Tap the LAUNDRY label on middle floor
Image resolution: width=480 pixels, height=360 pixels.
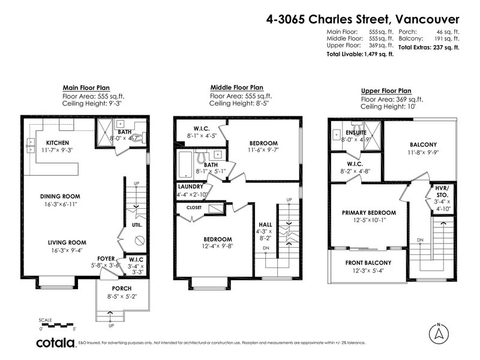[190, 187]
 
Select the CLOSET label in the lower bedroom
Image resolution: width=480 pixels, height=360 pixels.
[194, 208]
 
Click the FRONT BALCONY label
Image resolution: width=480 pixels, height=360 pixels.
[368, 263]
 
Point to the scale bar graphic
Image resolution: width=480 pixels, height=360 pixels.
[58, 325]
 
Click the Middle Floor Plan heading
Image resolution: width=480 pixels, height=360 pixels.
[236, 88]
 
